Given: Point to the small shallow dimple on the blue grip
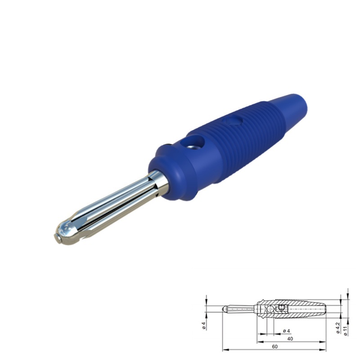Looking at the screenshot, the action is click(233, 120).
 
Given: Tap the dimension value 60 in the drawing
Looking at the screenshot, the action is click(275, 346).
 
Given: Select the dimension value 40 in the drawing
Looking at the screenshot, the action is click(290, 339).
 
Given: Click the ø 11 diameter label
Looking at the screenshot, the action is click(346, 331).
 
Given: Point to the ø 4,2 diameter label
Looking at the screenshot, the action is click(338, 328).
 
